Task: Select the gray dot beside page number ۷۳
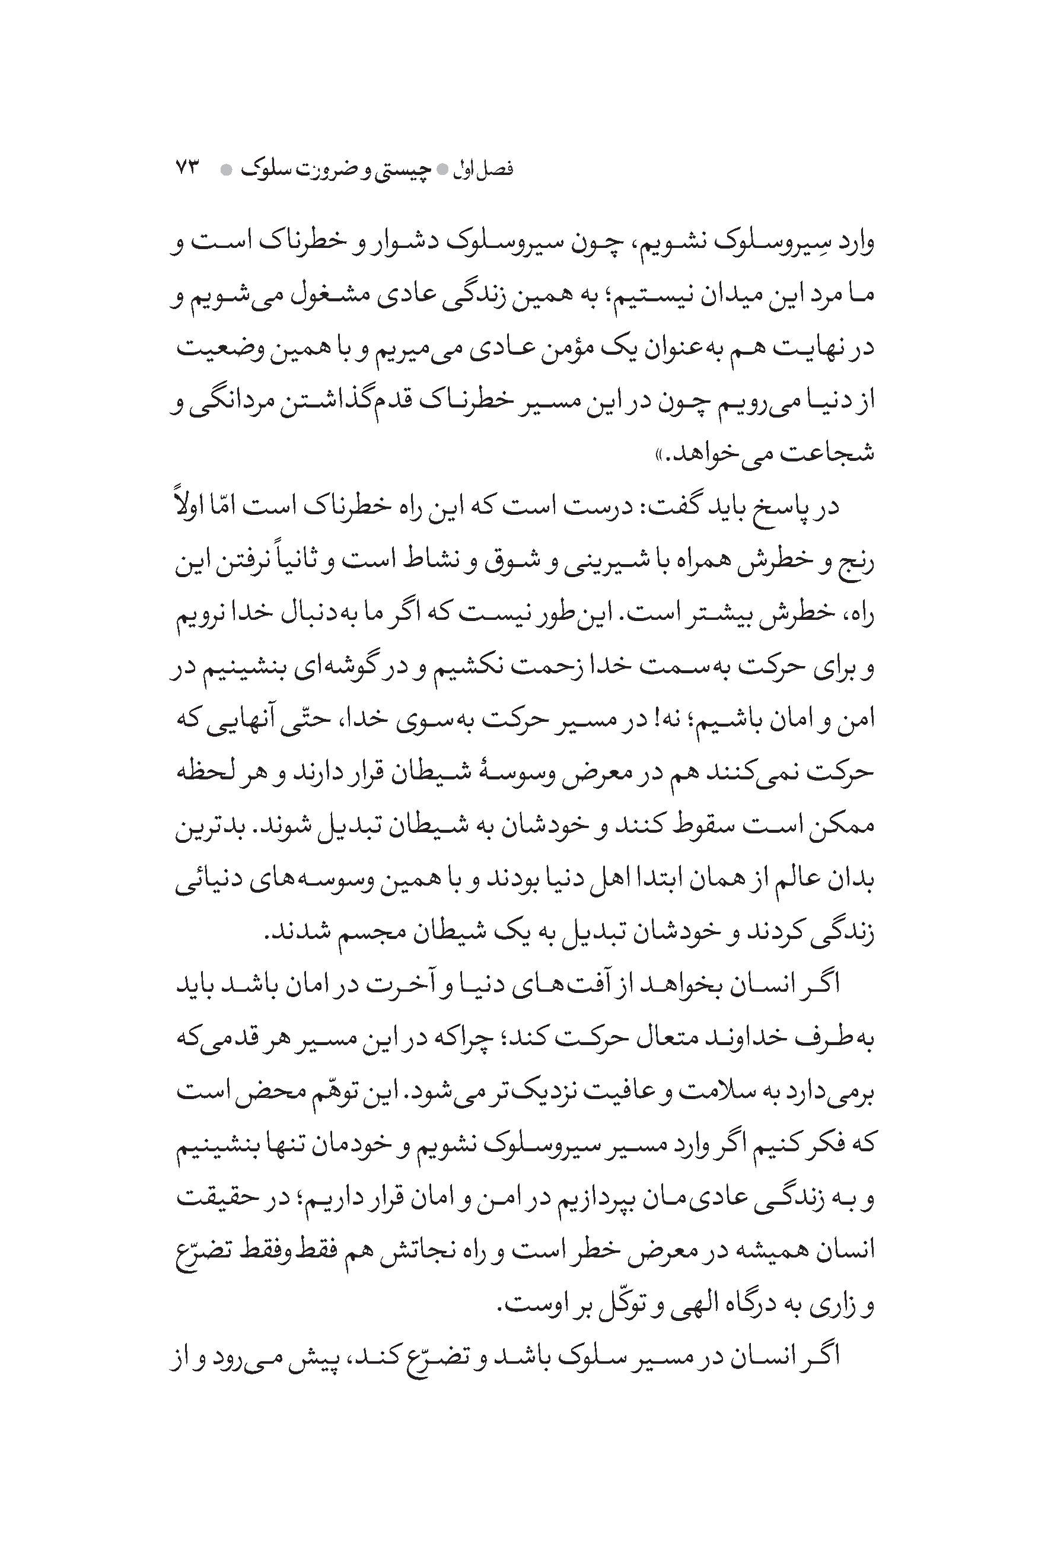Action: click(x=225, y=170)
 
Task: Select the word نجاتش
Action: click(x=394, y=1250)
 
